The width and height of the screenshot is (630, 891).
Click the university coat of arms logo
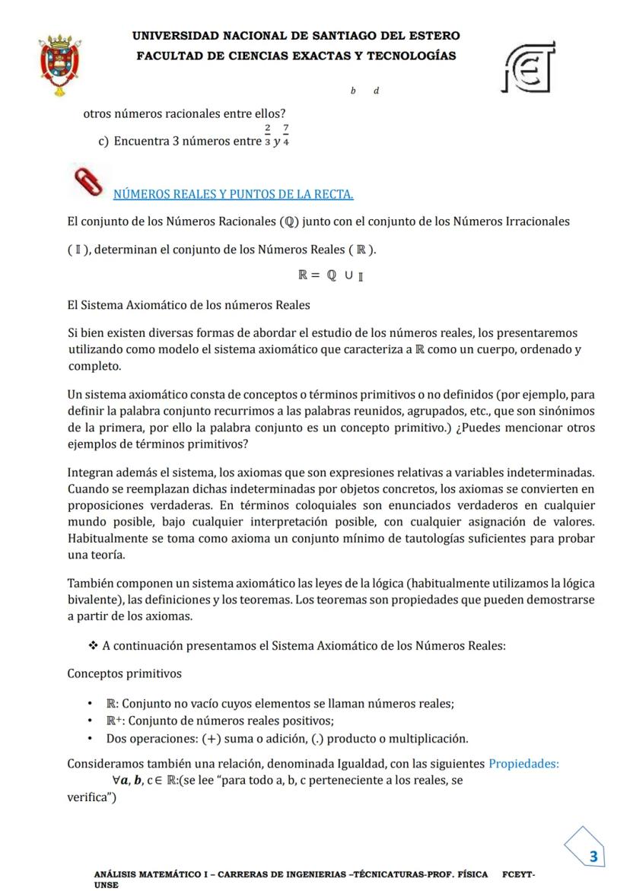pyautogui.click(x=60, y=64)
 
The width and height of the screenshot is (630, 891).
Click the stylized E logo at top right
pyautogui.click(x=530, y=67)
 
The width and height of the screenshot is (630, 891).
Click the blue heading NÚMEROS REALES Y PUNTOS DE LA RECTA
pyautogui.click(x=233, y=195)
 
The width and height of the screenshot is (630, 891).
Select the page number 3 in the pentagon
pyautogui.click(x=593, y=857)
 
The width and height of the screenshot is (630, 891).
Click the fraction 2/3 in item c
pyautogui.click(x=268, y=135)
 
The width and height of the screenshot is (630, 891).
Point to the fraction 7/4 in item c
pyautogui.click(x=285, y=135)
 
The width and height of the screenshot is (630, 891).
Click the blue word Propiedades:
pyautogui.click(x=523, y=763)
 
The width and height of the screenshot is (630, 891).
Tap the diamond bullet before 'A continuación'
pyautogui.click(x=93, y=645)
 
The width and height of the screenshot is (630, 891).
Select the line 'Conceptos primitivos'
pyautogui.click(x=125, y=673)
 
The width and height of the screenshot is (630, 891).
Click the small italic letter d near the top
pyautogui.click(x=377, y=91)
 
